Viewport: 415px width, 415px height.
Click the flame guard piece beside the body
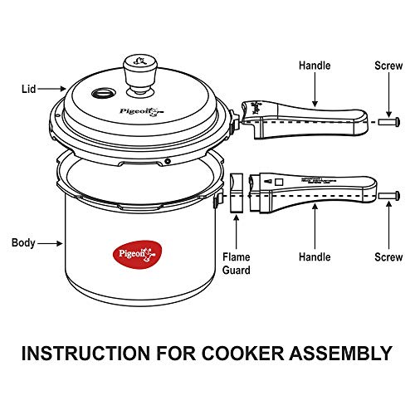pos(237,193)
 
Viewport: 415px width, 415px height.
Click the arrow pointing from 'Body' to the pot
pos(51,243)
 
